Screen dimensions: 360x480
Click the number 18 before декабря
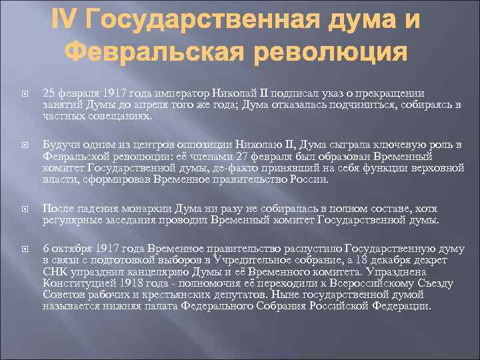[359, 261]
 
